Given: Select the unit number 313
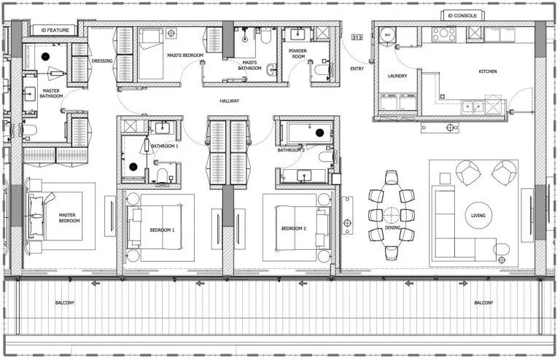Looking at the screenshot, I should [x=357, y=36].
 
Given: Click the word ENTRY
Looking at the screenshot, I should [x=357, y=69].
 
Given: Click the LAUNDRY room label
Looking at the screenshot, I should [x=397, y=75].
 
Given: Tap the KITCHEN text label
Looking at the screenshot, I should [x=488, y=71].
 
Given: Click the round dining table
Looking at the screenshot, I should [x=392, y=216].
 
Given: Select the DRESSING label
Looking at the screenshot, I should [x=102, y=61].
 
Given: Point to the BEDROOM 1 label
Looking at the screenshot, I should [x=162, y=230].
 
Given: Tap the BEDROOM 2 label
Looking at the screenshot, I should [x=293, y=229].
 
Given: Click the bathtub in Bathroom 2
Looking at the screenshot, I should [x=310, y=133].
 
